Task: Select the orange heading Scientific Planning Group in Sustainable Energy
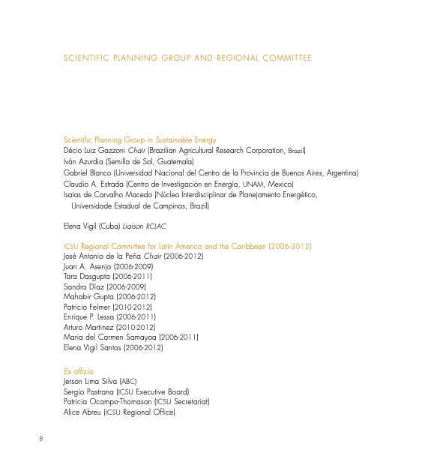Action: [140, 139]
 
